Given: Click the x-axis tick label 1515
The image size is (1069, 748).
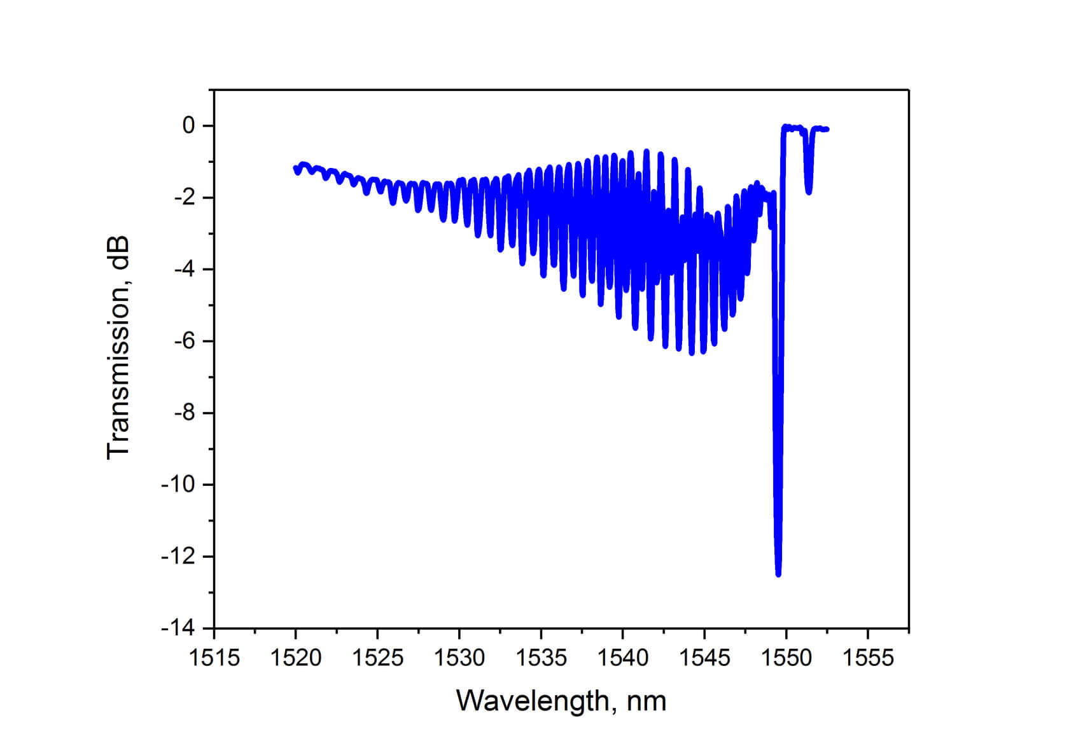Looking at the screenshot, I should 214,658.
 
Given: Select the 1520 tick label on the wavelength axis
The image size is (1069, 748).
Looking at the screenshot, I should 296,658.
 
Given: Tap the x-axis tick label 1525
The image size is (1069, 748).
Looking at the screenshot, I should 378,658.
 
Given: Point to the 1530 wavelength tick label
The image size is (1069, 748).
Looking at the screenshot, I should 459,658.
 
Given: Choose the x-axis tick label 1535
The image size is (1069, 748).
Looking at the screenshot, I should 541,658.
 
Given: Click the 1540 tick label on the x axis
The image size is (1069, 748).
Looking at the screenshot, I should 623,658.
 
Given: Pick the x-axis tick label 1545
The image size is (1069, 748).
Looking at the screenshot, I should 704,658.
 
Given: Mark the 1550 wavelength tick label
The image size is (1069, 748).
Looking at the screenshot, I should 786,658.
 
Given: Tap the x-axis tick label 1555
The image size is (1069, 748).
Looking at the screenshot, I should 868,658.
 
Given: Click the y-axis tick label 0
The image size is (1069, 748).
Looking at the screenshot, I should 188,126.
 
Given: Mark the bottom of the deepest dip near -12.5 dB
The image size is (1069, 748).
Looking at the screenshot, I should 778,574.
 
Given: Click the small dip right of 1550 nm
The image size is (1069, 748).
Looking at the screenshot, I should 809,191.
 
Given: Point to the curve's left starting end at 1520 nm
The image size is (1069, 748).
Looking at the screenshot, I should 295,168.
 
